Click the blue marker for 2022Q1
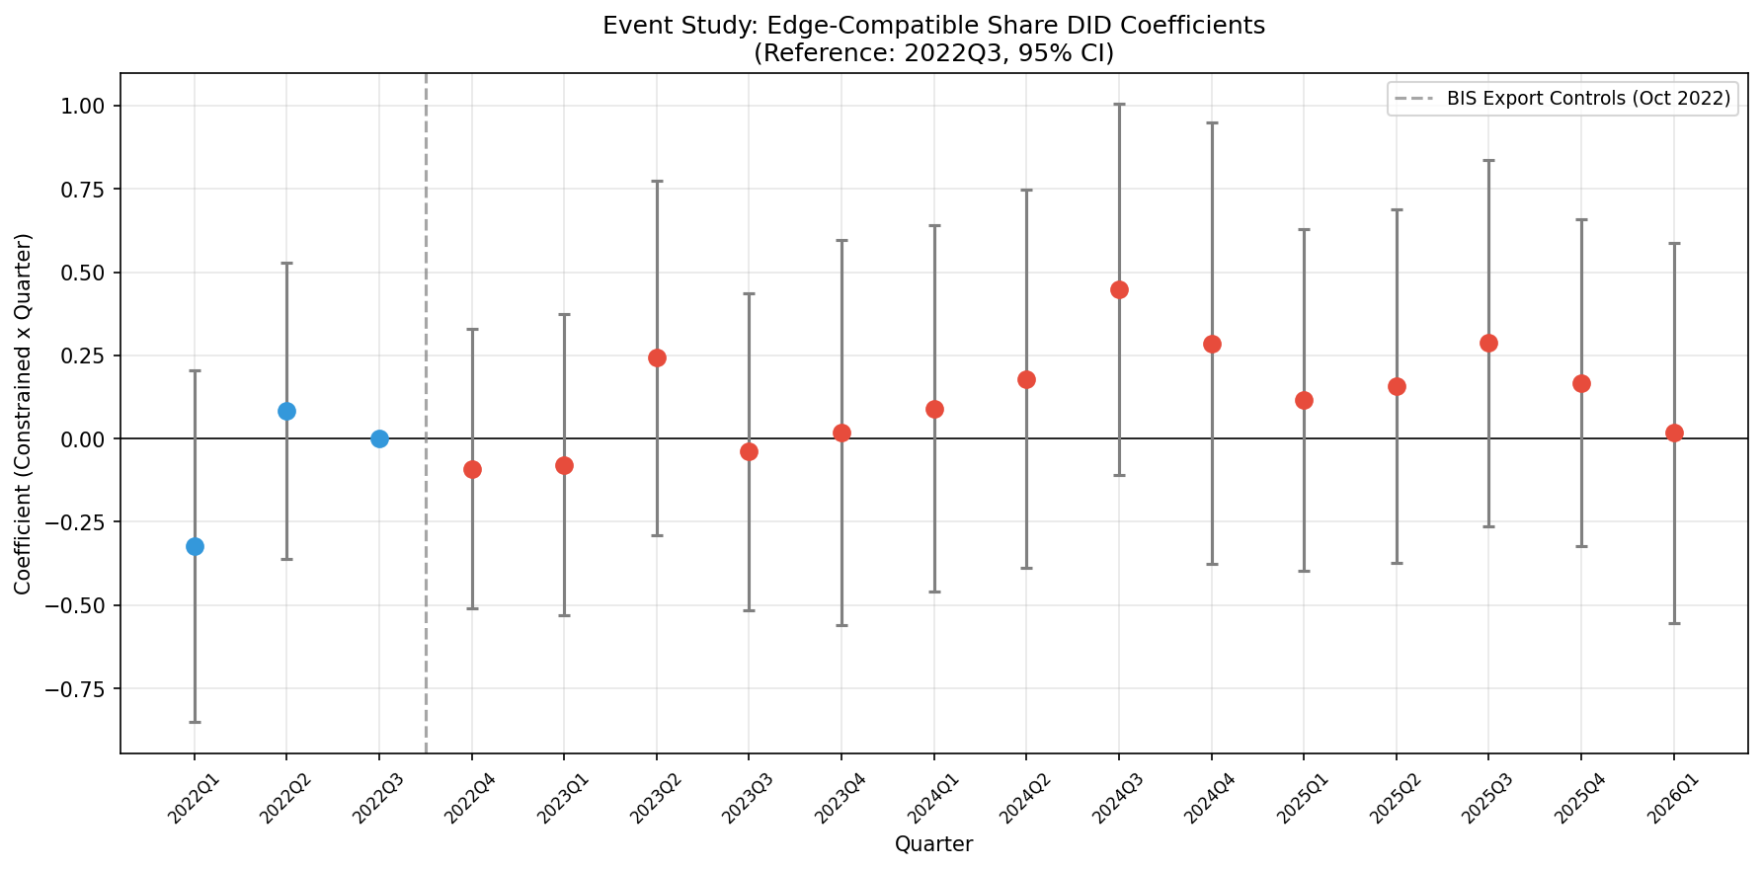pyautogui.click(x=195, y=546)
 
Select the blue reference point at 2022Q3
pyautogui.click(x=379, y=438)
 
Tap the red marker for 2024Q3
pyautogui.click(x=1119, y=289)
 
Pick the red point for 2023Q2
pyautogui.click(x=657, y=357)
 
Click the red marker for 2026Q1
pyautogui.click(x=1674, y=433)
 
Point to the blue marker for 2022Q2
pyautogui.click(x=286, y=411)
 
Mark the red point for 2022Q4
pyautogui.click(x=472, y=469)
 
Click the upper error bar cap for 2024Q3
pyautogui.click(x=1119, y=104)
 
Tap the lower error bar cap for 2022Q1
pyautogui.click(x=195, y=722)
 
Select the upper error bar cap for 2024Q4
pyautogui.click(x=1212, y=122)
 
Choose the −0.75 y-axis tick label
pyautogui.click(x=78, y=688)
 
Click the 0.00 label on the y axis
pyautogui.click(x=84, y=438)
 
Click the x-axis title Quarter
pyautogui.click(x=933, y=844)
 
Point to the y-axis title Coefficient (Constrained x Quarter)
pyautogui.click(x=23, y=414)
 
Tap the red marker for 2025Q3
pyautogui.click(x=1488, y=343)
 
